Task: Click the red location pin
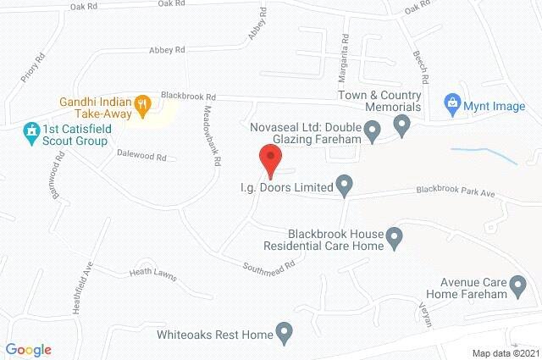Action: coord(269,158)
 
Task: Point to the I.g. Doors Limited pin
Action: coord(344,184)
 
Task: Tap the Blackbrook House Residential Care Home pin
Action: coord(395,239)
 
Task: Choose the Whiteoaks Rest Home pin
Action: coord(285,333)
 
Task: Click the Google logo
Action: coord(28,350)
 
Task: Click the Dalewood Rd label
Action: coord(146,157)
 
